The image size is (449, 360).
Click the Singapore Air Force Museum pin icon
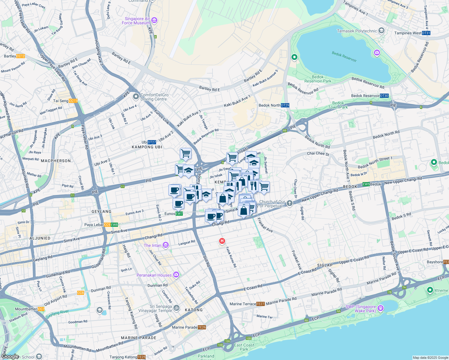tap(154, 20)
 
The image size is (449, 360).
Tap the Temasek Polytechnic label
tap(357, 31)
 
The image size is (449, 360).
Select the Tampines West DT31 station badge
tap(426, 33)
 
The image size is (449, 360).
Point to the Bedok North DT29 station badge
tap(285, 105)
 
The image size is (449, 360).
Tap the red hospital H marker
tap(222, 241)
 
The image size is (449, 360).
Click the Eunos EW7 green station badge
tap(179, 214)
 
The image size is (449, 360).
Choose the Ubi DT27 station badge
tap(152, 142)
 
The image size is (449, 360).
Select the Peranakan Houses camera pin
tap(176, 274)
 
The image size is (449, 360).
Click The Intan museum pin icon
tap(166, 245)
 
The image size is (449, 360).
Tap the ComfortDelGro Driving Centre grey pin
tap(136, 97)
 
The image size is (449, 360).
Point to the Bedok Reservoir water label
tap(344, 56)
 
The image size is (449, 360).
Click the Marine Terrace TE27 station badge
tap(261, 304)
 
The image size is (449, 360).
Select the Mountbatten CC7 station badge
tap(41, 309)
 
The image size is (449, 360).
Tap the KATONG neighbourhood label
tap(194, 310)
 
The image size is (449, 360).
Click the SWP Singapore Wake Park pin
tap(381, 308)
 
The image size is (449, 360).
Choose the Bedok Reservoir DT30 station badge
tap(384, 96)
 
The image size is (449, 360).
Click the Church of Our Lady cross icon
tap(289, 203)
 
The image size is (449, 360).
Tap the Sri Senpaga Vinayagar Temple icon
tap(177, 308)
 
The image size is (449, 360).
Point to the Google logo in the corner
tap(10, 356)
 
